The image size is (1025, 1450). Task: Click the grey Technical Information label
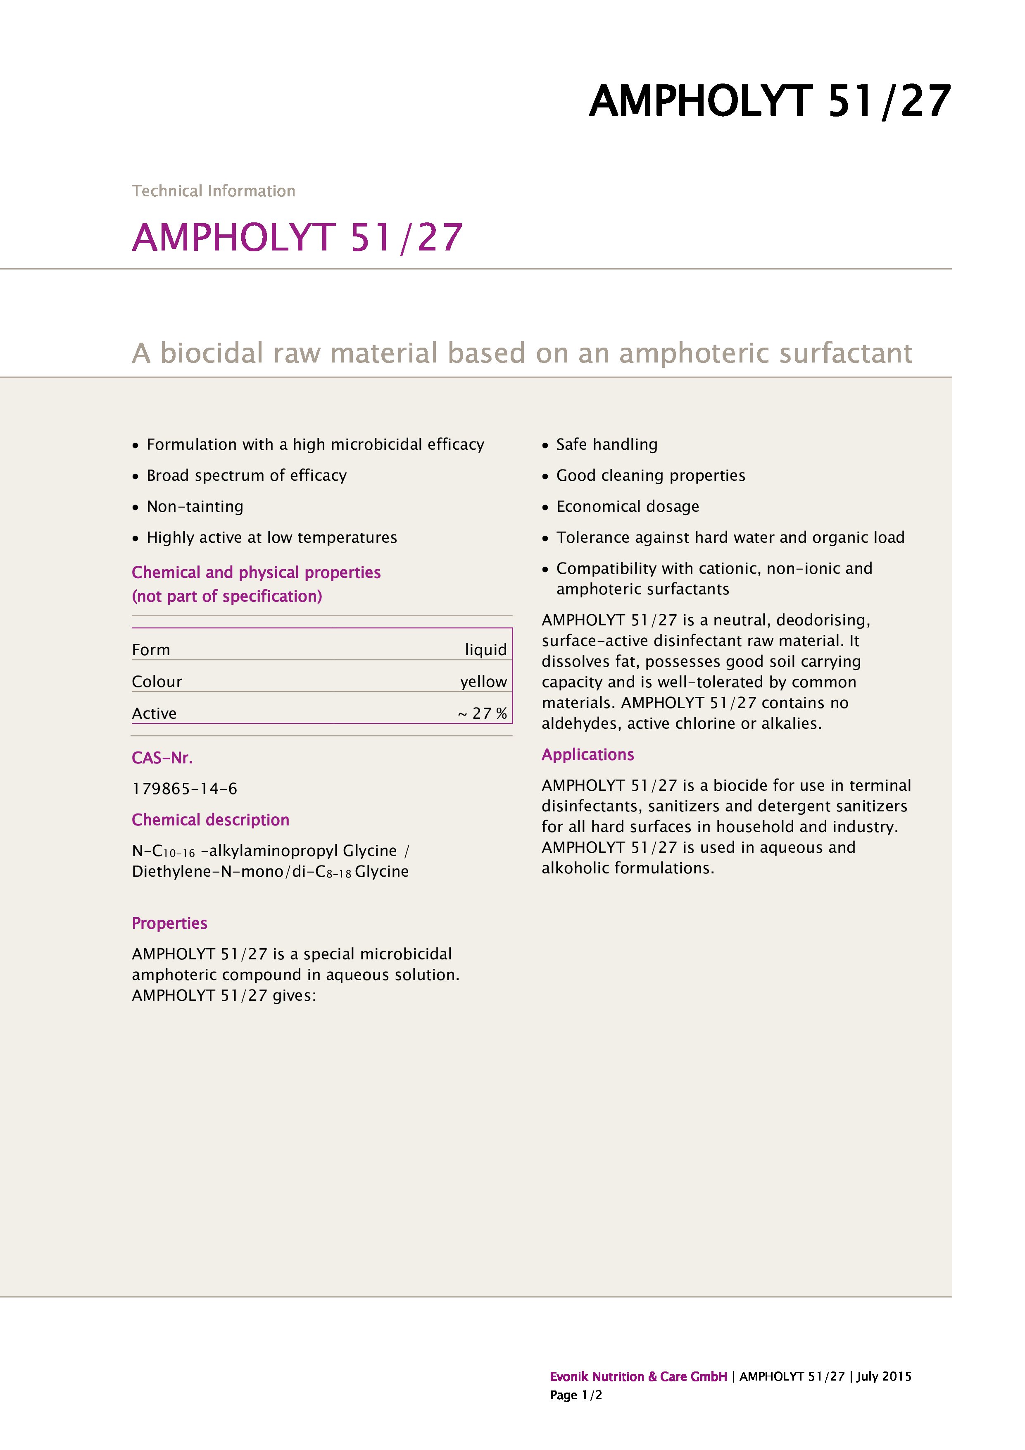coord(213,191)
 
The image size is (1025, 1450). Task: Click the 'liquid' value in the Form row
coord(485,650)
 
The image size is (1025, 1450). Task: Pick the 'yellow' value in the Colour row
coord(483,682)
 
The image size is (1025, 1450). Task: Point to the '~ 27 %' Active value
coord(482,713)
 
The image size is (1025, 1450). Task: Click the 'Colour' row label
coord(157,682)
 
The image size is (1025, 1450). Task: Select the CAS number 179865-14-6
coord(184,789)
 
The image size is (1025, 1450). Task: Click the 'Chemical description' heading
coord(210,820)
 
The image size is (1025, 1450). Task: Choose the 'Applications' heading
coord(587,755)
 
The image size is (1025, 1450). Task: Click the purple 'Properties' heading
coord(169,923)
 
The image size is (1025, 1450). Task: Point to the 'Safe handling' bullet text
coord(606,445)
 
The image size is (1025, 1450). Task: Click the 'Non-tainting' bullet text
coord(195,506)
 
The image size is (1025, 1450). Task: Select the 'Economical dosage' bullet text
coord(628,506)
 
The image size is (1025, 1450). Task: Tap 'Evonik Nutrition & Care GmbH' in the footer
coord(638,1377)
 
